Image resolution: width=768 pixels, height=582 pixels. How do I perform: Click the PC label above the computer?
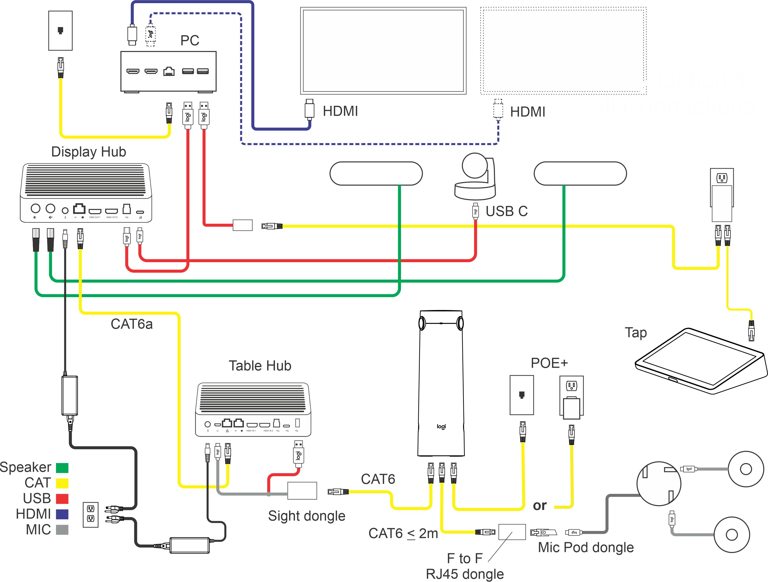(190, 40)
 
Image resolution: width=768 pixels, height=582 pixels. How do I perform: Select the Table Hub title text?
(260, 366)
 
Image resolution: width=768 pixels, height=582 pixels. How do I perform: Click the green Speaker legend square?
(62, 468)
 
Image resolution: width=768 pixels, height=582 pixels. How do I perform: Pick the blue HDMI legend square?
(62, 514)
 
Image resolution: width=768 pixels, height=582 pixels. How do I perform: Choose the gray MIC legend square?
(62, 530)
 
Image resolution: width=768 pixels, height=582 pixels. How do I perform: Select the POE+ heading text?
(549, 363)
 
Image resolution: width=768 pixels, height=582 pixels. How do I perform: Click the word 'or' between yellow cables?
(540, 505)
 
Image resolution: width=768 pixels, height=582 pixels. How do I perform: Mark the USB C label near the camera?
(506, 211)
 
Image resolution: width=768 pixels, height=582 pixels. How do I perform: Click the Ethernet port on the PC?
(169, 71)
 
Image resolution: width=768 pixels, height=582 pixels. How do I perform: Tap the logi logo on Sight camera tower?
(441, 426)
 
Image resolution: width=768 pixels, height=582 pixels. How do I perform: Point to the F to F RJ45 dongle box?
(512, 532)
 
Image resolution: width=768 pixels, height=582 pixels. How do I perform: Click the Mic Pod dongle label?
(586, 547)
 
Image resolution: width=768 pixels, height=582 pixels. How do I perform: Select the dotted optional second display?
(563, 51)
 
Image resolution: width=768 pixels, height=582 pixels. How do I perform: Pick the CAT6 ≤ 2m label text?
(403, 533)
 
